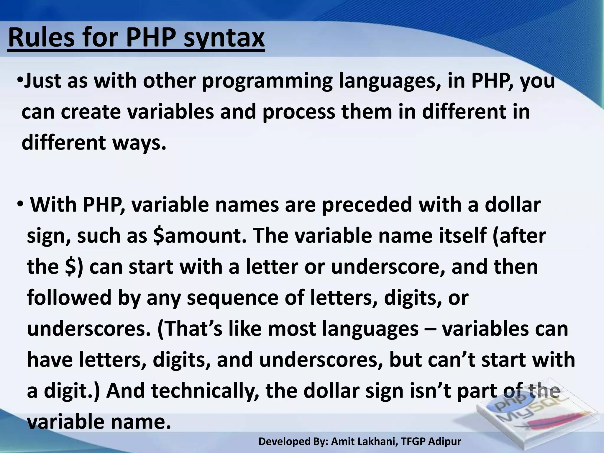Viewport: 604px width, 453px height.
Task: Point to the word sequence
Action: click(233, 298)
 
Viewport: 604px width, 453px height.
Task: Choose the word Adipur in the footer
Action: click(444, 441)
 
